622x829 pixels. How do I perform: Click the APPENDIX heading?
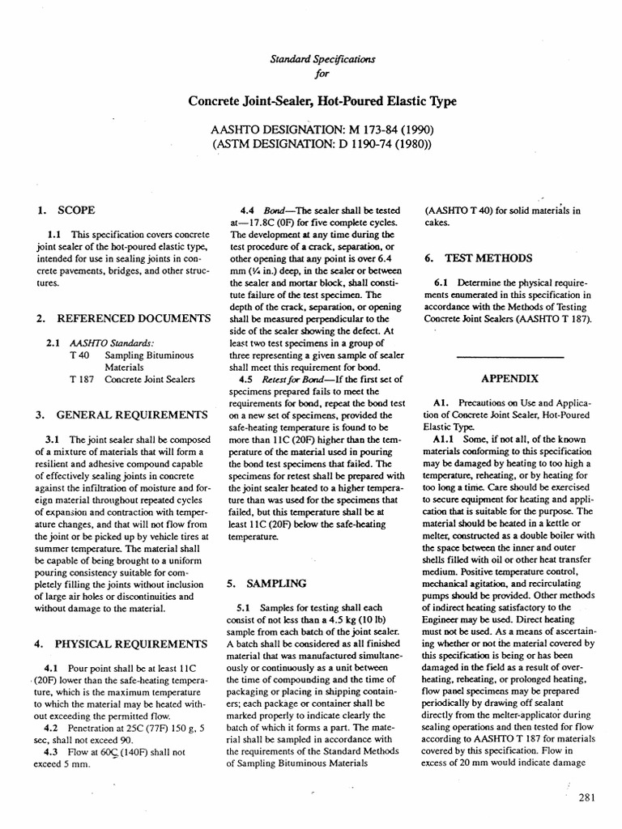[x=510, y=378]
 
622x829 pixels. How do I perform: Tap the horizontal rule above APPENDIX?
[x=510, y=357]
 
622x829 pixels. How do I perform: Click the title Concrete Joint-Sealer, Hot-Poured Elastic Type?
[x=322, y=101]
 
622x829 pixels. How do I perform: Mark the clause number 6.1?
[x=444, y=284]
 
